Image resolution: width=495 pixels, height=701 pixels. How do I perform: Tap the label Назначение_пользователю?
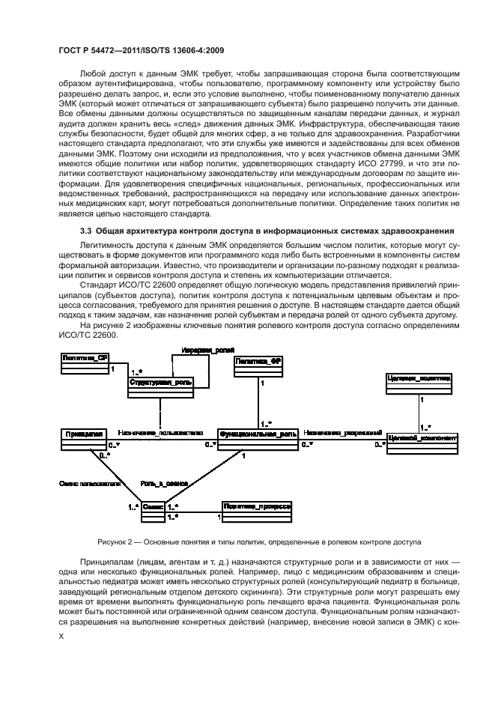160,433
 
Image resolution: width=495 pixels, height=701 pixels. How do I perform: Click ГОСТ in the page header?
70,50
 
